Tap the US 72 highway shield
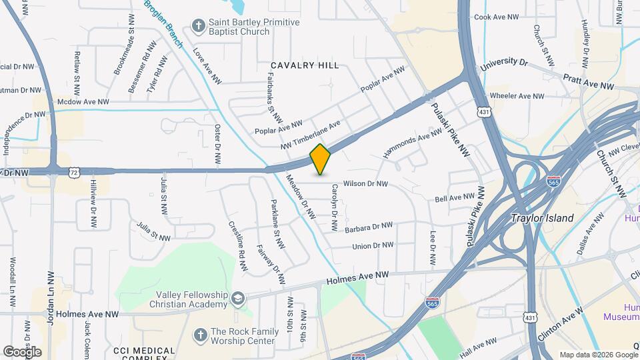73,172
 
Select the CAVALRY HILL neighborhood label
304,65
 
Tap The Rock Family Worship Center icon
199,335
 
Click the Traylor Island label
542,218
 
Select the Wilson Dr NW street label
365,183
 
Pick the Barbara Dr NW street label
369,228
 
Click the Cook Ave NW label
496,17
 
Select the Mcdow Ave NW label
83,102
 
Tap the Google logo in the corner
22,351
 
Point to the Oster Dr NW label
217,145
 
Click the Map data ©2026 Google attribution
598,355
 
